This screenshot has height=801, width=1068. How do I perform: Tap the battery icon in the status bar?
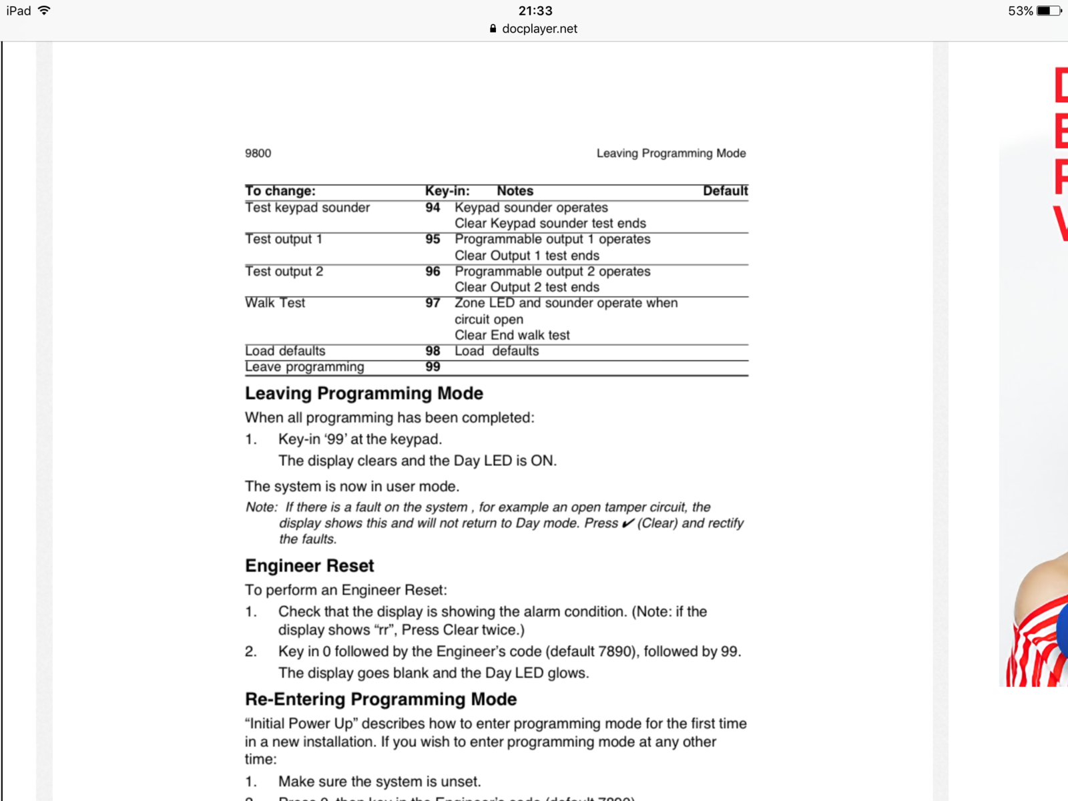1049,11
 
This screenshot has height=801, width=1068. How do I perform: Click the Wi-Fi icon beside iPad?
44,11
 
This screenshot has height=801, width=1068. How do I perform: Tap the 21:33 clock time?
535,11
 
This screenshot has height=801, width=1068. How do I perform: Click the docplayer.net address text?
539,29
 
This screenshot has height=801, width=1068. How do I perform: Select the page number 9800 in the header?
258,154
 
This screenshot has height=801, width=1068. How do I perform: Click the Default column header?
725,191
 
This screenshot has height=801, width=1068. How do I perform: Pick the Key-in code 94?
433,208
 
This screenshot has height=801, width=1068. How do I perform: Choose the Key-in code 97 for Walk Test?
433,303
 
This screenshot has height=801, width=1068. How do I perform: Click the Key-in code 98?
433,351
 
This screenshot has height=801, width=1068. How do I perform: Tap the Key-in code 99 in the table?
433,367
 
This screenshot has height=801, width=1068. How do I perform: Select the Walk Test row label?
275,303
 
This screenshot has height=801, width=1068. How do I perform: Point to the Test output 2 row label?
284,272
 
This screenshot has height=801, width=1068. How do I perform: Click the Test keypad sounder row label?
307,208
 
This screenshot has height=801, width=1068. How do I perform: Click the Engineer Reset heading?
309,566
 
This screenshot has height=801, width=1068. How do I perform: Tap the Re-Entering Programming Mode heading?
380,700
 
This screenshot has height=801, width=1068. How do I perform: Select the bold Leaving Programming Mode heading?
364,394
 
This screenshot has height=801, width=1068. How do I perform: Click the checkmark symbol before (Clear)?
627,523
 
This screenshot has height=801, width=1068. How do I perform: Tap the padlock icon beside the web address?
493,29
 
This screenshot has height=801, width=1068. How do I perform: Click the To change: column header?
280,191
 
